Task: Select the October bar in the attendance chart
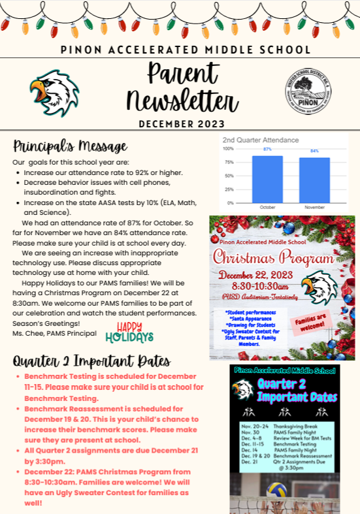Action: (267, 178)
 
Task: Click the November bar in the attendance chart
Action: (314, 180)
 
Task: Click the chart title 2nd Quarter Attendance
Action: (260, 140)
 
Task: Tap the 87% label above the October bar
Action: (267, 150)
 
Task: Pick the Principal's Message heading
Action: (70, 146)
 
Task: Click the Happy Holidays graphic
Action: (129, 332)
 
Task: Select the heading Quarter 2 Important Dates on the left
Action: (92, 361)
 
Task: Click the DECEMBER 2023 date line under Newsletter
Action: (181, 124)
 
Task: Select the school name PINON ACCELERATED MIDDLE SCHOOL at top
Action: (180, 50)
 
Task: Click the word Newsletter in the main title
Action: (182, 102)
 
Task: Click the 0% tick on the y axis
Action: (230, 202)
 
